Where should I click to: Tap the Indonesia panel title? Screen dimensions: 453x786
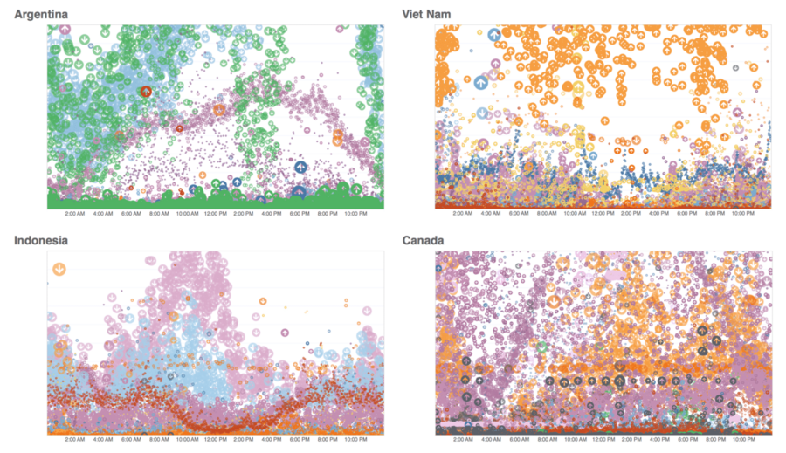(x=41, y=240)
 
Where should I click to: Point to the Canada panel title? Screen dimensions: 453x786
(x=424, y=240)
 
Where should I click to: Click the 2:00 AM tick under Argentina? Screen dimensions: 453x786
(x=75, y=214)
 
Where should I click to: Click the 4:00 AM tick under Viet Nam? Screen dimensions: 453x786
(x=491, y=214)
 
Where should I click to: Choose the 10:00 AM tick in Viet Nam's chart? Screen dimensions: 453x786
(x=575, y=214)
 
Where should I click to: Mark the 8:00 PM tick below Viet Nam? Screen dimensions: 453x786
(x=714, y=214)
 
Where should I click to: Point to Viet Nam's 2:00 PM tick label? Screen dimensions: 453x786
(x=631, y=214)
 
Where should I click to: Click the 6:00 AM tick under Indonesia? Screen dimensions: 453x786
(x=131, y=440)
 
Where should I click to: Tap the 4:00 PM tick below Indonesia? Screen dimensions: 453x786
(x=271, y=440)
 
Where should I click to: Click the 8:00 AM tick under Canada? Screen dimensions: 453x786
(x=547, y=440)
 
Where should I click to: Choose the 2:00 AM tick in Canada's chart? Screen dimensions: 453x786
(x=463, y=440)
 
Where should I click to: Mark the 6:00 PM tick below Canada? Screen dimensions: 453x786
(x=686, y=440)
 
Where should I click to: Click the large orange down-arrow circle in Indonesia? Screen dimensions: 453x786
(x=59, y=269)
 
